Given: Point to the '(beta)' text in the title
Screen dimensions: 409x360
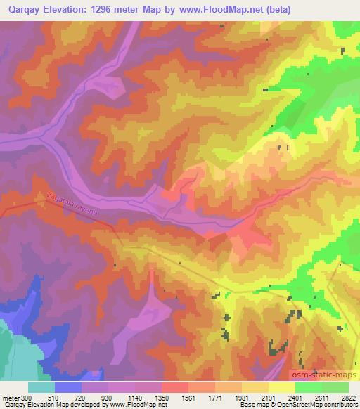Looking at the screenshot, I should point(276,8).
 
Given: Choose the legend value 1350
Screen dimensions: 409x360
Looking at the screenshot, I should point(169,397).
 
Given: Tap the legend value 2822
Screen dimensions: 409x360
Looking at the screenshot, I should point(347,397).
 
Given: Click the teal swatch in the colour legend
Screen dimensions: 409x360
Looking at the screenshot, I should point(41,387).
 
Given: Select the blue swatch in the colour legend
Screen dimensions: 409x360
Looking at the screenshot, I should point(68,387).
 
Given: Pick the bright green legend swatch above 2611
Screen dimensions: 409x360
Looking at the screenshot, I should point(309,387).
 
